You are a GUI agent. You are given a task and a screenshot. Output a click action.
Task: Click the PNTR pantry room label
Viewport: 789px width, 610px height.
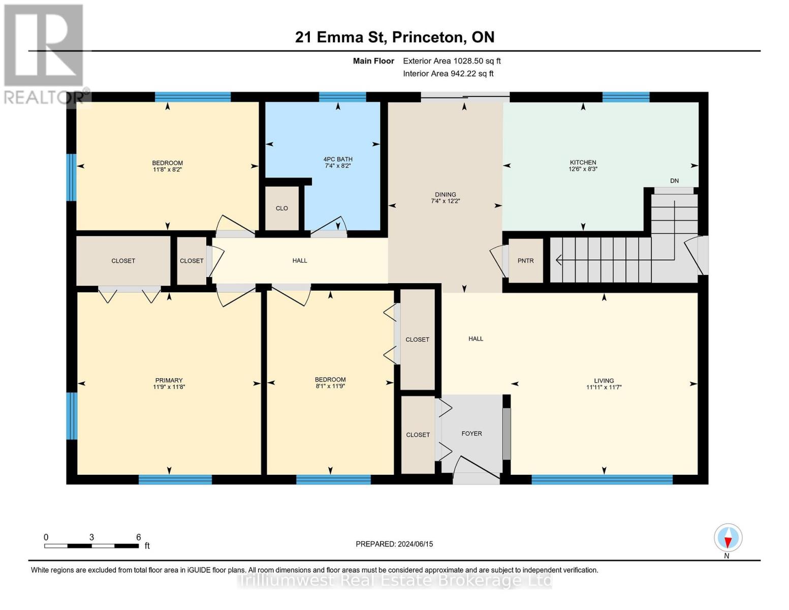click(525, 261)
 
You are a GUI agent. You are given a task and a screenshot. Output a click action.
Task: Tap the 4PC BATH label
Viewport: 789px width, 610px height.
click(338, 159)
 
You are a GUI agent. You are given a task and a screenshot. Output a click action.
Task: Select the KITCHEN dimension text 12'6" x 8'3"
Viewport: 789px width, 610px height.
click(583, 169)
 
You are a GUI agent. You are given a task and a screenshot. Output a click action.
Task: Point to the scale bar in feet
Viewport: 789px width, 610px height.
click(91, 546)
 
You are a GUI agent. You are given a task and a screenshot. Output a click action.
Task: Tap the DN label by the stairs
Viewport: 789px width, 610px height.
click(674, 181)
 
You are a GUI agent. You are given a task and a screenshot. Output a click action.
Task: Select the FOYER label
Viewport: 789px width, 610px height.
click(471, 434)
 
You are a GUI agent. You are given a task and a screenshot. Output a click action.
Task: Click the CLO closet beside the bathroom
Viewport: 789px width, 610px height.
click(282, 208)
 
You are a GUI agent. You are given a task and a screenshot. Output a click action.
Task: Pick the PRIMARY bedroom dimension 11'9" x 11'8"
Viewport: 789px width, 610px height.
click(169, 387)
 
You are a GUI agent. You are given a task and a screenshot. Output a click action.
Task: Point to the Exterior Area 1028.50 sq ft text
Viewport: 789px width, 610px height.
click(452, 61)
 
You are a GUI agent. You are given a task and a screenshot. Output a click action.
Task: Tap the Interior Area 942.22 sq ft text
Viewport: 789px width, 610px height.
click(448, 74)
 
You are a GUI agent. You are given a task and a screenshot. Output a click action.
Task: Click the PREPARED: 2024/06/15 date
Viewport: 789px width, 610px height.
click(394, 544)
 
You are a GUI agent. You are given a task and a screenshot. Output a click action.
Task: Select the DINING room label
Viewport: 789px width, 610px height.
click(445, 195)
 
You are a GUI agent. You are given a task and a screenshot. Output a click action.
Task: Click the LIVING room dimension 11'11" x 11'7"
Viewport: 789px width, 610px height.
click(604, 387)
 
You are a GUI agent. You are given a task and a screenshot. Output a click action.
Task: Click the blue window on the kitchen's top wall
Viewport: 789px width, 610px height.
click(625, 97)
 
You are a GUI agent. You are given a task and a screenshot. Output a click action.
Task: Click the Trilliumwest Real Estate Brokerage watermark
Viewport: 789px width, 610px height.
click(395, 581)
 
